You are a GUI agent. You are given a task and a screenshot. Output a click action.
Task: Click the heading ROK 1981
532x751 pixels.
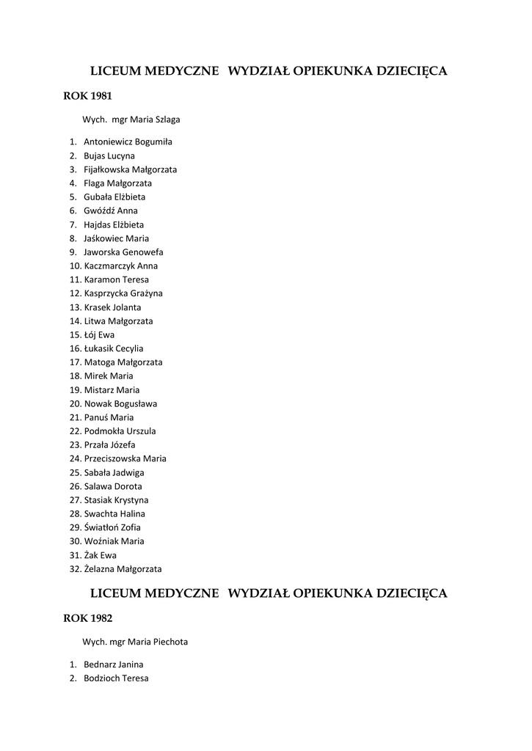(88, 95)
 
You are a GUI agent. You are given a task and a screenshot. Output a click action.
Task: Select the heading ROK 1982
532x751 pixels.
(88, 618)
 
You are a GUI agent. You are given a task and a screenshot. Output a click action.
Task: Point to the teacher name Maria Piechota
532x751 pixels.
(158, 642)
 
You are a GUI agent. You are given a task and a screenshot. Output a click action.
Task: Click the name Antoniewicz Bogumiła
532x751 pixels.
(128, 142)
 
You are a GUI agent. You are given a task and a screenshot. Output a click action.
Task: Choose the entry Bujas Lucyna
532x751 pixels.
(109, 155)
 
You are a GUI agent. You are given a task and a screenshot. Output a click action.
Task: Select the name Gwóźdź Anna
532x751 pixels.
(111, 210)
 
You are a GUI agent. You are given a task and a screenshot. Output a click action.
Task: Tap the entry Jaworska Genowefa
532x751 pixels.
(123, 252)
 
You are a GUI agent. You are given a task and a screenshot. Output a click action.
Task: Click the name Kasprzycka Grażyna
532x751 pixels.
(123, 293)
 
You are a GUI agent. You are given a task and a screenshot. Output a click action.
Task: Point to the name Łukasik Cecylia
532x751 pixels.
(114, 348)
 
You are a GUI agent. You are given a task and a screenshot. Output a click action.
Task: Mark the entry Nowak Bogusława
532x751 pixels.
(120, 403)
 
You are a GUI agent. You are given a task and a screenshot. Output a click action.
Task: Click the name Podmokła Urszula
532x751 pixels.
(120, 431)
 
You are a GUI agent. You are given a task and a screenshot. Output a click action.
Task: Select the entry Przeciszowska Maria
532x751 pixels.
(125, 458)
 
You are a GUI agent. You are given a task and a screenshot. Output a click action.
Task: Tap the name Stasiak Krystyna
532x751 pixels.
(116, 500)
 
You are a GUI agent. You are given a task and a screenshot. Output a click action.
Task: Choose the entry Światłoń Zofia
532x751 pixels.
(112, 527)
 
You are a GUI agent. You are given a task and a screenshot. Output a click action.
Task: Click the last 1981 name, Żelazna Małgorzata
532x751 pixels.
(123, 568)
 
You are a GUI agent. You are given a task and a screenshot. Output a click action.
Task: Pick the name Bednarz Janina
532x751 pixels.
(113, 664)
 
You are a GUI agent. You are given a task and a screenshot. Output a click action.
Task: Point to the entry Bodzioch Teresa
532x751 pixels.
(116, 678)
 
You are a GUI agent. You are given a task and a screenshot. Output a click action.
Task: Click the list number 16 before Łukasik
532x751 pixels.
(75, 348)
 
